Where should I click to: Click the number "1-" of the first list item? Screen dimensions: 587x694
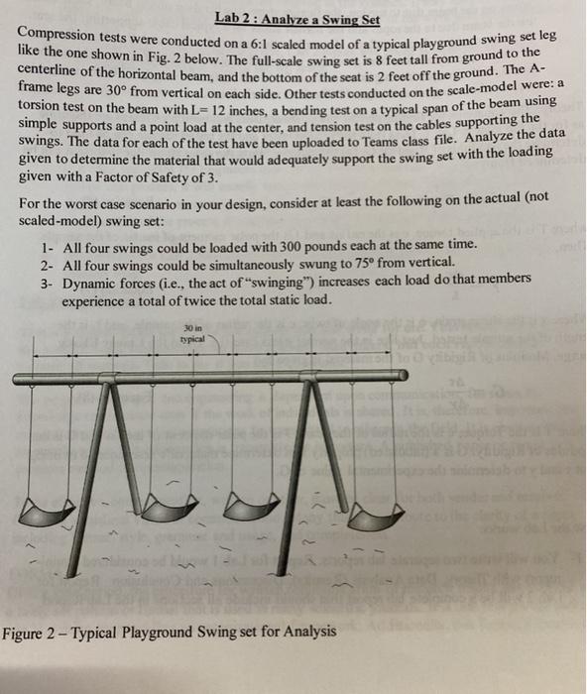pyautogui.click(x=49, y=244)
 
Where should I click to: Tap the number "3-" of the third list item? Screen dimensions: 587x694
pyautogui.click(x=49, y=282)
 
